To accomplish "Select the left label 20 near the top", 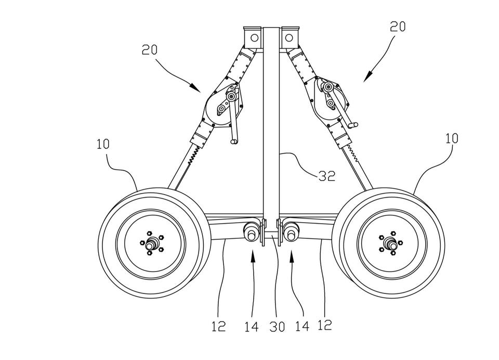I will click(x=150, y=50).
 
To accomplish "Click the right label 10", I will click(x=452, y=139).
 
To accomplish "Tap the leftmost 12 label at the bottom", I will click(x=219, y=326).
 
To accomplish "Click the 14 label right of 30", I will click(x=301, y=326).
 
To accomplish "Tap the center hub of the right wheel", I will click(x=390, y=243).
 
